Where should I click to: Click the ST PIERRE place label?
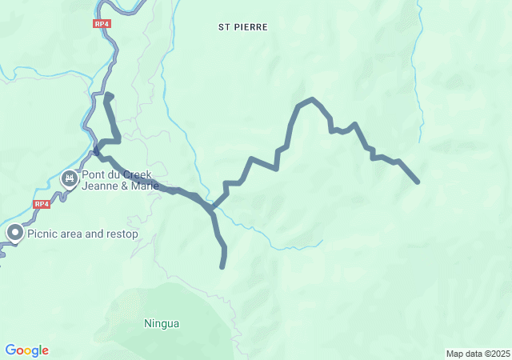(x=243, y=26)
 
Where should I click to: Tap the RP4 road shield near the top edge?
(x=102, y=24)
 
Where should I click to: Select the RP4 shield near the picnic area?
(x=42, y=204)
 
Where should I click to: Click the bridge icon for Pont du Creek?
(x=70, y=178)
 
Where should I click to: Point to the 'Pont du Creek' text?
(x=117, y=174)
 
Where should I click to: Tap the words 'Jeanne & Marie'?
(x=120, y=186)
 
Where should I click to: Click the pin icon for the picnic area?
(x=15, y=233)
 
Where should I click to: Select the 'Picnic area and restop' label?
(x=82, y=234)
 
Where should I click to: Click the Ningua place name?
(x=162, y=324)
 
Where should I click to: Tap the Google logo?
(x=26, y=350)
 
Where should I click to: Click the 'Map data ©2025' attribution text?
(x=477, y=354)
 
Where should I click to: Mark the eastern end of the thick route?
(x=418, y=182)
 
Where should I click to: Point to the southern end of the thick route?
(x=222, y=266)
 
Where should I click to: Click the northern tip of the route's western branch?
(x=107, y=95)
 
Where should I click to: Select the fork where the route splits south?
(x=212, y=210)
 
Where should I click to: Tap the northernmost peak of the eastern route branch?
(x=312, y=99)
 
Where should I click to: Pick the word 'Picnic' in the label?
(x=42, y=234)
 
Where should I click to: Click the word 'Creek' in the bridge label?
(x=135, y=174)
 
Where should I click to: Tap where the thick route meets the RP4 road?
(x=96, y=150)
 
